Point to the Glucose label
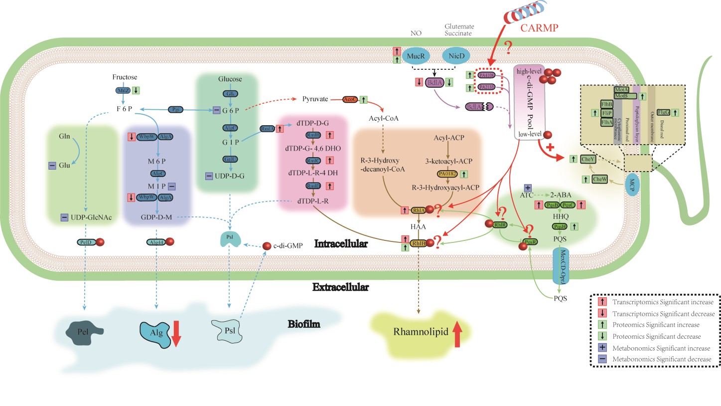[x=230, y=79]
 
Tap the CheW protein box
[x=600, y=178]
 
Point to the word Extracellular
[x=341, y=287]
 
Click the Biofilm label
[x=304, y=324]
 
